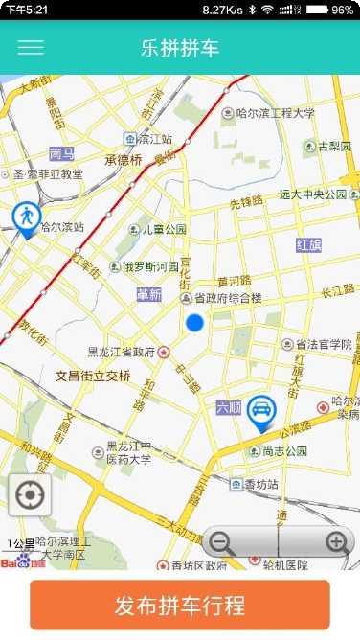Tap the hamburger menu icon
coord(31,47)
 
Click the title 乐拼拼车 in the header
coord(180,47)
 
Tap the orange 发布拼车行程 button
coord(180,606)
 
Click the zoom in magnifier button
coord(336,543)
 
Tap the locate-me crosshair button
coord(30,495)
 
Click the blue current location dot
coord(195,323)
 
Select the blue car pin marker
coord(259,412)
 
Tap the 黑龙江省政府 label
coord(121,352)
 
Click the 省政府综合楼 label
coord(228,298)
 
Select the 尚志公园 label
coord(284,451)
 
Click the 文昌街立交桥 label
coord(93,375)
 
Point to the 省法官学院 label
coord(324,344)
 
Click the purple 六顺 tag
coord(229,406)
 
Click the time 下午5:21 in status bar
coord(27,10)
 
